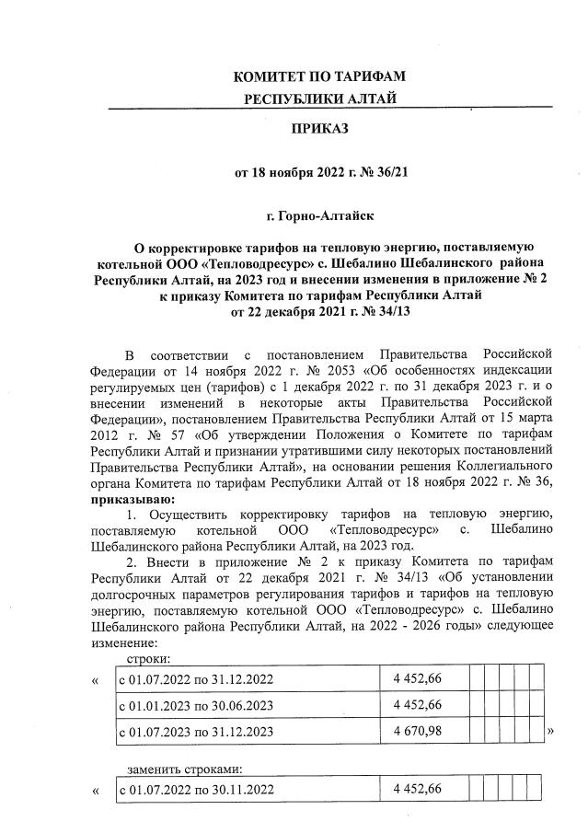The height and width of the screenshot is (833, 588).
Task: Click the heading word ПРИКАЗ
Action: (320, 129)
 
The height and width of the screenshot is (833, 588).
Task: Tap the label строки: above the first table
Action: (146, 658)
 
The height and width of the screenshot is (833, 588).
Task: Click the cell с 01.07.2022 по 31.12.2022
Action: (197, 680)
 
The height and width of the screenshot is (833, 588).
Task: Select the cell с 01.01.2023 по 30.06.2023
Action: (197, 705)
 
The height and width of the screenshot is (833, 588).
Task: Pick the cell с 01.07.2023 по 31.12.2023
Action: (197, 732)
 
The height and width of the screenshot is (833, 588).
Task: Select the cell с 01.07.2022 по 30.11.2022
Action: (197, 791)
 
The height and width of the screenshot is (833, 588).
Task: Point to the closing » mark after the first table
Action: (550, 732)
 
